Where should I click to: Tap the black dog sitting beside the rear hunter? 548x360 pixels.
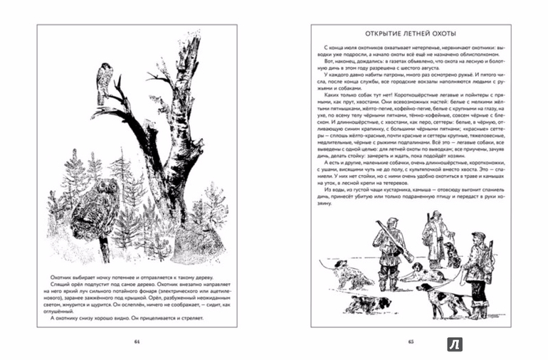(x=451, y=257)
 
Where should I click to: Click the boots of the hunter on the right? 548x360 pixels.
(x=478, y=310)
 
